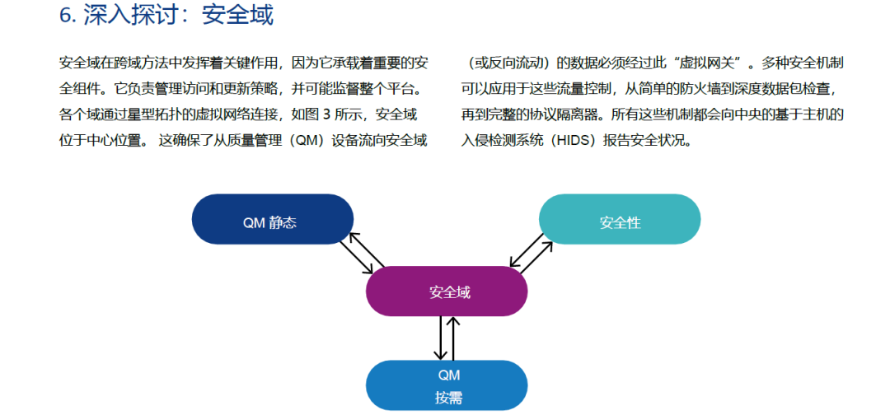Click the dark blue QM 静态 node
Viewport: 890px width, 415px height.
tap(273, 219)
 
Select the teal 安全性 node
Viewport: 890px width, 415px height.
tap(619, 219)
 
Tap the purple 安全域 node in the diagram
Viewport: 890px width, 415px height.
tap(447, 291)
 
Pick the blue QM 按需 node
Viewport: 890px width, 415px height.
tap(447, 385)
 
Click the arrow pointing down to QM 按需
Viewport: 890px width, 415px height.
tap(440, 338)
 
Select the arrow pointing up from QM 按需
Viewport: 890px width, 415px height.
tap(453, 338)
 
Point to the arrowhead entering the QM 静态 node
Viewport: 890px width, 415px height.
tap(354, 237)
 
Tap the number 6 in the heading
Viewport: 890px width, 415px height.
tap(65, 16)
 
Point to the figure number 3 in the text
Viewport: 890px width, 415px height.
tap(326, 114)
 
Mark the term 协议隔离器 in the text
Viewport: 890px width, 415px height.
tap(566, 114)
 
